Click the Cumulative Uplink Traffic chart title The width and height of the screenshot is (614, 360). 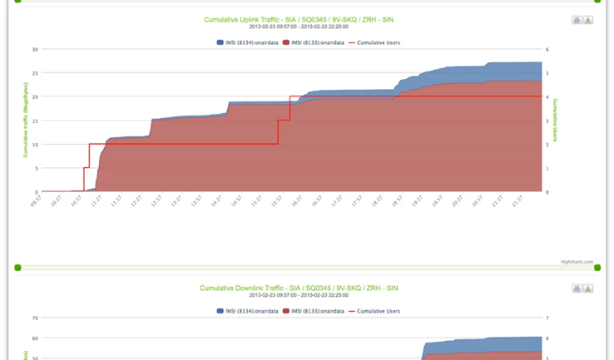coord(299,20)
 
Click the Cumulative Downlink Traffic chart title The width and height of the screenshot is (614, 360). coord(299,288)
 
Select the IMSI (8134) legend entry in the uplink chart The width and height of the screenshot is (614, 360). coord(247,43)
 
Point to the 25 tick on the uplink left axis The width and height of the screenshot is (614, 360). coord(35,73)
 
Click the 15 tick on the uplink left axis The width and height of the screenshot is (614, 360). coord(35,121)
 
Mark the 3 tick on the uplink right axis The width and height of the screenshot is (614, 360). coord(546,121)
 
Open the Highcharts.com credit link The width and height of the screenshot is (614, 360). coord(576,262)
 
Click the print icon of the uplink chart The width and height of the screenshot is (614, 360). coord(577,20)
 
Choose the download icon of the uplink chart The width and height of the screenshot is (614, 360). coord(588,20)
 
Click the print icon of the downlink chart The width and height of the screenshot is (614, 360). coord(577,289)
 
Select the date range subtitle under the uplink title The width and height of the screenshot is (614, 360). coord(299,27)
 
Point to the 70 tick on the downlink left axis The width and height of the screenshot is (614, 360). coord(35,317)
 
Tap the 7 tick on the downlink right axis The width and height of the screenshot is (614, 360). coord(546,317)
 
